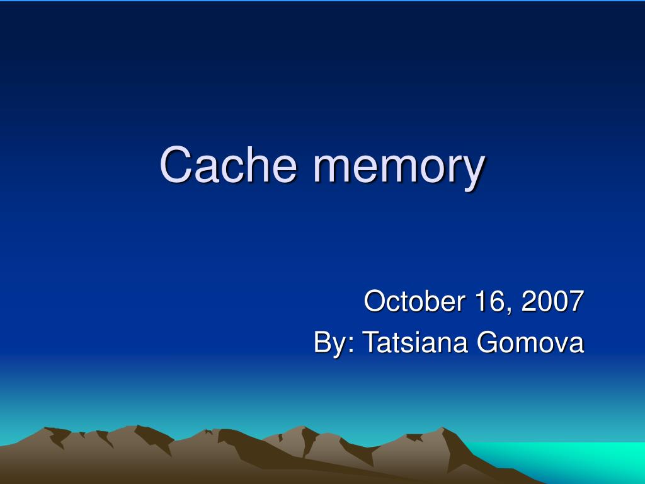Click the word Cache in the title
[x=227, y=165]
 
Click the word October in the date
[x=410, y=301]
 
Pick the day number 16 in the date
[x=488, y=301]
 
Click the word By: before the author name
[x=334, y=343]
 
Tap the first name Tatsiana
[x=416, y=343]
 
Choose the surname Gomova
[x=530, y=343]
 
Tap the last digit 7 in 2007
[x=576, y=301]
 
